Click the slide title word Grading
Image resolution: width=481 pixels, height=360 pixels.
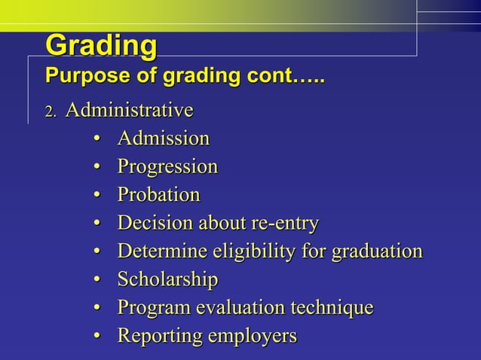[x=101, y=46]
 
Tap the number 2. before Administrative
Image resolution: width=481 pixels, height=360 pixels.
[x=51, y=112]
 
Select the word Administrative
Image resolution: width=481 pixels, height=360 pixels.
[x=129, y=111]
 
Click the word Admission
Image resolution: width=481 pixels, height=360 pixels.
[x=163, y=139]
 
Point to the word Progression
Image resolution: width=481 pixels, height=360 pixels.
[x=167, y=166]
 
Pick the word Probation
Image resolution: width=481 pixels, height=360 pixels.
[x=158, y=195]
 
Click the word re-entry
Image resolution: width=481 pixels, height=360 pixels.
[x=286, y=224]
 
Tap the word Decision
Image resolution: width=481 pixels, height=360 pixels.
[x=154, y=224]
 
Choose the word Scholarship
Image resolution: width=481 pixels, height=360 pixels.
[x=167, y=280]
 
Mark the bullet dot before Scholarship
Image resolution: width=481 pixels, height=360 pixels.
[x=97, y=281]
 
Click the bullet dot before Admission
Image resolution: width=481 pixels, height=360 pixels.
[x=97, y=139]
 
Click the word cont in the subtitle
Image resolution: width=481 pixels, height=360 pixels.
[x=270, y=77]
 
